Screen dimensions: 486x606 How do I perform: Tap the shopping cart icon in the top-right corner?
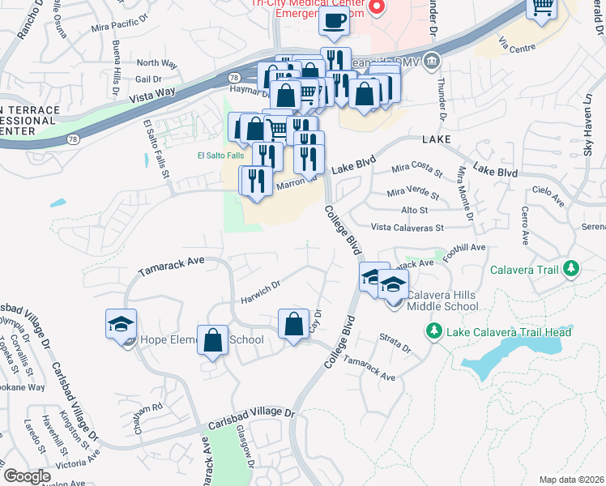(542, 8)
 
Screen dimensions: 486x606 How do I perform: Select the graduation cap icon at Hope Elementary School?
(121, 325)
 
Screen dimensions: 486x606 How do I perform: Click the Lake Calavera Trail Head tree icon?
(433, 332)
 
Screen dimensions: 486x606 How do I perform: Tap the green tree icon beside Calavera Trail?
(571, 268)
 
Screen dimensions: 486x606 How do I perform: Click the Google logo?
(27, 476)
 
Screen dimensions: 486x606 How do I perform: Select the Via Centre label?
(518, 48)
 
